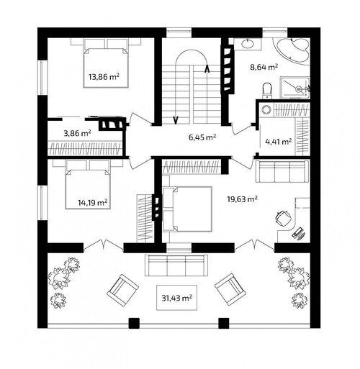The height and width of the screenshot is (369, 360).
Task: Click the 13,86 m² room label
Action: (x=104, y=77)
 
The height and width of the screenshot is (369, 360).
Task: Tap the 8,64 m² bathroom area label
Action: (x=264, y=67)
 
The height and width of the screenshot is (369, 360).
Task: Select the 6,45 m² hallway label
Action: (x=202, y=137)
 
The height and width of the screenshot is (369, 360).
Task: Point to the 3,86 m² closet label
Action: (x=77, y=133)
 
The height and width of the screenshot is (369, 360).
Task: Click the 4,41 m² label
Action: (x=279, y=142)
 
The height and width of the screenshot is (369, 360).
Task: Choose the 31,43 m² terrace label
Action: (x=177, y=298)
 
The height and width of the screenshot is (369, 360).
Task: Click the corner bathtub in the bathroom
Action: (x=292, y=51)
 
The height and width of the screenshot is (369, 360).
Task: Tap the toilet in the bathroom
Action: (x=267, y=91)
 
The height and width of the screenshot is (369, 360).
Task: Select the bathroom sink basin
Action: (x=247, y=44)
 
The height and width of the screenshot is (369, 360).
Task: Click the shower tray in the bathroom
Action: (x=295, y=88)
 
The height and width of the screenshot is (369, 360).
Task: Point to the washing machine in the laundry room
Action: (x=266, y=110)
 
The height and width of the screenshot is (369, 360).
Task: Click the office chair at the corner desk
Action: (x=284, y=218)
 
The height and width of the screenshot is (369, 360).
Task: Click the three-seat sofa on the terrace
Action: (x=176, y=265)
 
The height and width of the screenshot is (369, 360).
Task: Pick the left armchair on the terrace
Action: (x=122, y=291)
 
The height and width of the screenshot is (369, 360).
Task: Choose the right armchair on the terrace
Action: (x=230, y=290)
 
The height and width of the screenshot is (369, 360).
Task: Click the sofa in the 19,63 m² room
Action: (x=282, y=172)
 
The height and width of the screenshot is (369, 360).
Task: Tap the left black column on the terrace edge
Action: (x=134, y=323)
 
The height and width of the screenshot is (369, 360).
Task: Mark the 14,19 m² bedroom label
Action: (x=92, y=203)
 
